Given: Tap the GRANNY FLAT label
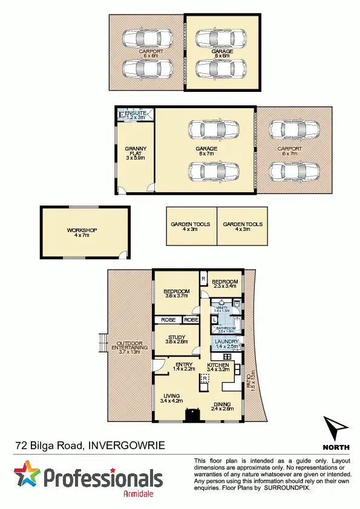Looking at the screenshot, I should pyautogui.click(x=136, y=151).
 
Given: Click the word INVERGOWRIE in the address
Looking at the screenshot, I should pyautogui.click(x=126, y=446).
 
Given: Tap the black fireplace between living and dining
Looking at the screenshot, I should pyautogui.click(x=193, y=414).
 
